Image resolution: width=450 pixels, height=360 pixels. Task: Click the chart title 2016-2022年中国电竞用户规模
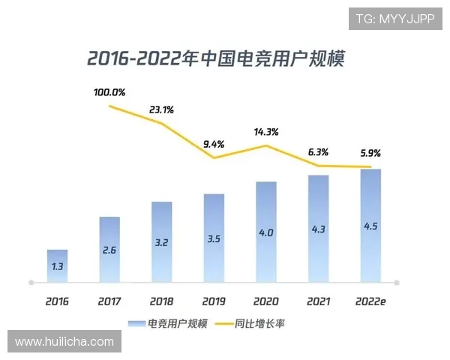pyautogui.click(x=215, y=58)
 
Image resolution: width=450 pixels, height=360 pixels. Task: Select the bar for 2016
pyautogui.click(x=57, y=266)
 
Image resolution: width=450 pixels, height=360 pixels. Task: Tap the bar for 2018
pyautogui.click(x=161, y=241)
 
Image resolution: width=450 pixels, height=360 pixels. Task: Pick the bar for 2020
pyautogui.click(x=265, y=232)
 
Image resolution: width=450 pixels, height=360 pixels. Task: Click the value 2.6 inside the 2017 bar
pyautogui.click(x=109, y=249)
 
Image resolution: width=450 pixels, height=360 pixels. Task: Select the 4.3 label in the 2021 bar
pyautogui.click(x=318, y=229)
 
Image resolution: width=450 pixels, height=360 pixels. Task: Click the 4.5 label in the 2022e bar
pyautogui.click(x=370, y=227)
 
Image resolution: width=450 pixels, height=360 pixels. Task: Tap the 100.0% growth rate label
pyautogui.click(x=109, y=93)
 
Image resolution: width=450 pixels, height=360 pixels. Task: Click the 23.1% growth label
pyautogui.click(x=161, y=109)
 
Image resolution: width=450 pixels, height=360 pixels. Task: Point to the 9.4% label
pyautogui.click(x=214, y=144)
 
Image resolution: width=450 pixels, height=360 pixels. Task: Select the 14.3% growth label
pyautogui.click(x=266, y=132)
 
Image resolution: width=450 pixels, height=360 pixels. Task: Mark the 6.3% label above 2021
pyautogui.click(x=319, y=151)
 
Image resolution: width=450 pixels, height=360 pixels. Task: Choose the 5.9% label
pyautogui.click(x=370, y=153)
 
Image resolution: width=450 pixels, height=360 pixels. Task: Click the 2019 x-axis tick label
pyautogui.click(x=214, y=301)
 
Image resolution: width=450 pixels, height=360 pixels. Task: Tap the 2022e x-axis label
pyautogui.click(x=370, y=301)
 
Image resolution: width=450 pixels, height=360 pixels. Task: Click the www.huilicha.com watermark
pyautogui.click(x=64, y=342)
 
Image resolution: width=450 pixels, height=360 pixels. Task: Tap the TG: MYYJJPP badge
pyautogui.click(x=395, y=18)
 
